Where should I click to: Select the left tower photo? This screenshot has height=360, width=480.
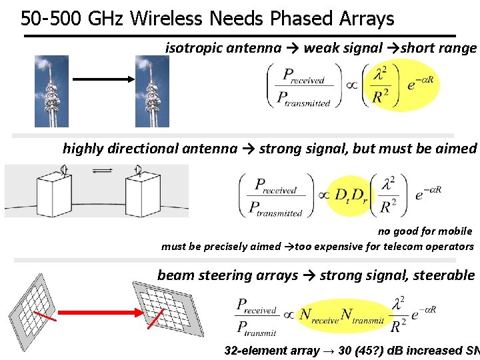[x=51, y=91]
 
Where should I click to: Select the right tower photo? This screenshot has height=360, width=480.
[x=152, y=91]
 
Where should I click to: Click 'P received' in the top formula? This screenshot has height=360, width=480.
[x=304, y=75]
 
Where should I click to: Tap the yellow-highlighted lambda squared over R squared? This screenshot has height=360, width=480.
[x=381, y=87]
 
